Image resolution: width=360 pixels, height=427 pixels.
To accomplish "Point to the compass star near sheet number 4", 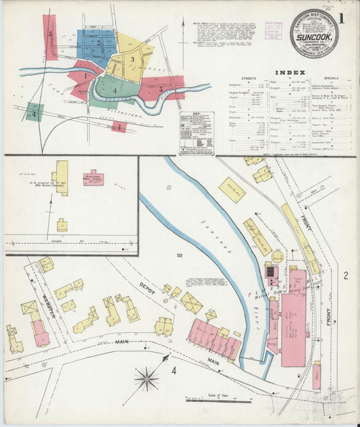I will [147, 378].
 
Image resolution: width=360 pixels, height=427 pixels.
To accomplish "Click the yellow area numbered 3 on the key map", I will [132, 61].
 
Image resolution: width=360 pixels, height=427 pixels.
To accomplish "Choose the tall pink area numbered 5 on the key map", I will [50, 37].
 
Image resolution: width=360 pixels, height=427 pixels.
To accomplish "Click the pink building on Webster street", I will [41, 334].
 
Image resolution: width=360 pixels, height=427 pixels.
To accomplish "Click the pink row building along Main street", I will [213, 339].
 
